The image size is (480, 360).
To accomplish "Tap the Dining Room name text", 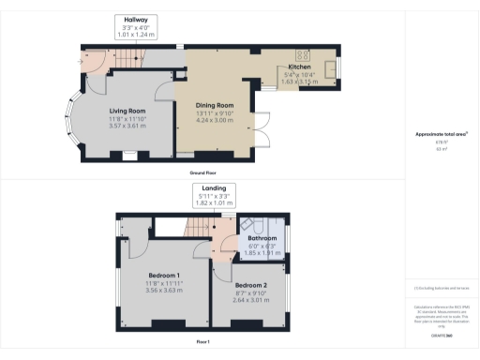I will [x=214, y=106].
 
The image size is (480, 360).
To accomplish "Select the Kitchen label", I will [x=300, y=67].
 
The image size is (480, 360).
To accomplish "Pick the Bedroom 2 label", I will [x=250, y=284].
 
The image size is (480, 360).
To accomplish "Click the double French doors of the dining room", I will [x=264, y=132].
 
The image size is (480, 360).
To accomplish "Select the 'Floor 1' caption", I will [x=203, y=343].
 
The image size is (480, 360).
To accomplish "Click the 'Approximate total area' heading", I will [x=441, y=134].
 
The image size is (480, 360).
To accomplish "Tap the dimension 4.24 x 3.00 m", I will [x=214, y=121].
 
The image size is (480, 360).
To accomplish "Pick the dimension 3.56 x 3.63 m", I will [x=164, y=290].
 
